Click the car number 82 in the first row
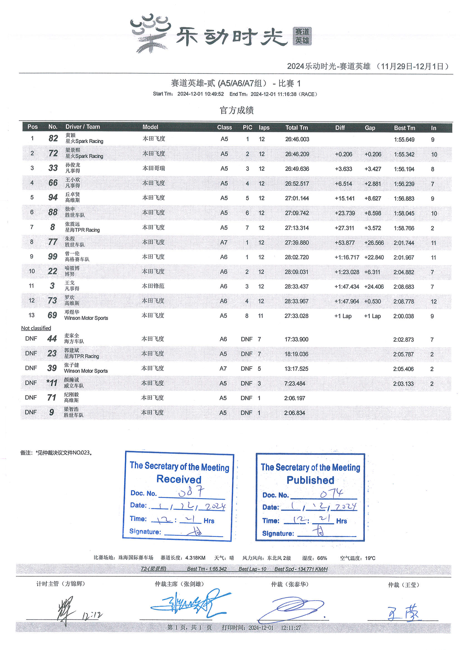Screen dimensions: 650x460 tap(53, 138)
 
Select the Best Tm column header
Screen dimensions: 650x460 tap(404, 128)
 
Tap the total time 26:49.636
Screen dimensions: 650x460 tap(297, 169)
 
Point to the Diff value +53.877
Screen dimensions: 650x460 tap(344, 243)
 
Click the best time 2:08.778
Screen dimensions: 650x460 tap(403, 301)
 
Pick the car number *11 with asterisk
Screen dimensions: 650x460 tap(52, 383)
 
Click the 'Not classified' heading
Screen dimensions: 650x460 tap(36, 328)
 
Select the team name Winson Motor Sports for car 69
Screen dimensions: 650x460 tap(86, 318)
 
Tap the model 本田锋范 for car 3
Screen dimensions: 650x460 tap(153, 286)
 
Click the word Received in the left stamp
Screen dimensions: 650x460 tap(179, 479)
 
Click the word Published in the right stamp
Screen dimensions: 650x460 tap(310, 480)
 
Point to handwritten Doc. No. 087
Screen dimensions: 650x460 tap(191, 492)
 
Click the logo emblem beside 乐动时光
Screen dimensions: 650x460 tap(150, 33)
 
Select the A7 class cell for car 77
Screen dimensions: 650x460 tap(224, 242)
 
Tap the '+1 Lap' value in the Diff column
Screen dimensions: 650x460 tap(343, 316)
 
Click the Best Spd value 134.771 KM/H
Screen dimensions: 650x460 tap(301, 569)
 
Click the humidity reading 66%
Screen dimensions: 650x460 tap(322, 558)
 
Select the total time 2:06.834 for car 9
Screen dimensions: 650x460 tap(294, 413)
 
